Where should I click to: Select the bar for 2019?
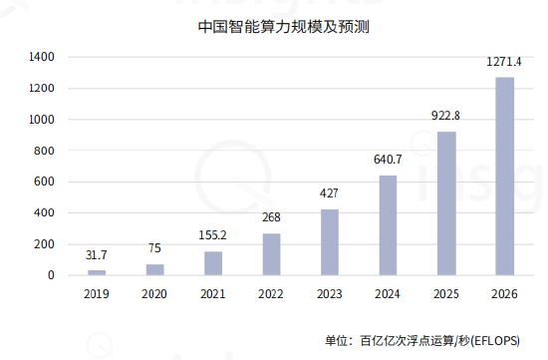97,272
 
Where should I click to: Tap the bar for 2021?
213,263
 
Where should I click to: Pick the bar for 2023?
330,242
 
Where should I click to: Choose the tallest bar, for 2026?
505,177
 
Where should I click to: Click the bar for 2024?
389,225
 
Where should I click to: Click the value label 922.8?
446,117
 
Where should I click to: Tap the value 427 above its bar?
330,193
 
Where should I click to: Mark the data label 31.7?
97,255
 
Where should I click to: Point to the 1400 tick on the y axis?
41,58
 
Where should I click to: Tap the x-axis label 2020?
154,294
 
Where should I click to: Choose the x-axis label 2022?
271,294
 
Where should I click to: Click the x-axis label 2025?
446,294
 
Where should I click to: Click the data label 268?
271,217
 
